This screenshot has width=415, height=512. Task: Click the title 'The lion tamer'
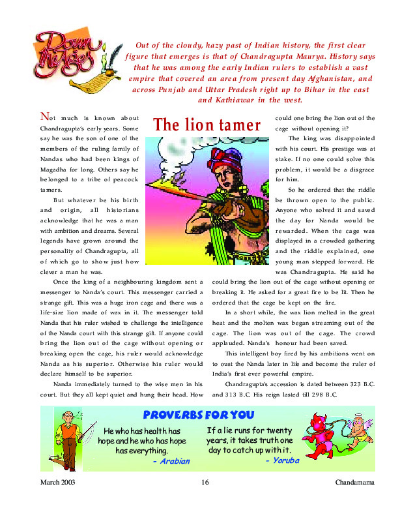click(x=207, y=125)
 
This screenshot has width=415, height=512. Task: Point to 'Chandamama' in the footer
click(x=354, y=483)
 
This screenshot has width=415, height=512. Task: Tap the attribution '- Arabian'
click(x=171, y=461)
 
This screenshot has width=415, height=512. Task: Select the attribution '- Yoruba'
click(x=281, y=460)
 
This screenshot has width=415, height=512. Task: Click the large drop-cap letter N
click(x=44, y=117)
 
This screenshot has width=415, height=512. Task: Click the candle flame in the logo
click(x=102, y=46)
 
